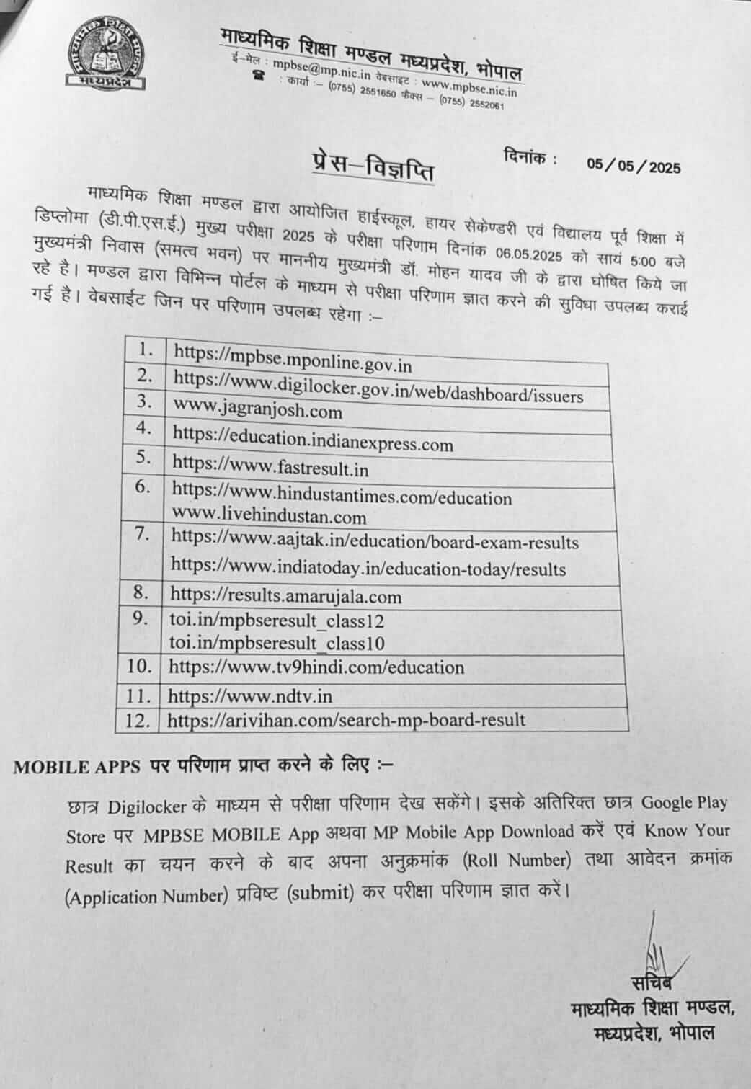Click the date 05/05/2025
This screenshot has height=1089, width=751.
coord(634,166)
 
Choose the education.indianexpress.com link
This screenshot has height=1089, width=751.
coord(313,439)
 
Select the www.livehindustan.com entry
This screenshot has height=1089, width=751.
coord(268,517)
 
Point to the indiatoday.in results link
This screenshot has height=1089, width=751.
coord(368,568)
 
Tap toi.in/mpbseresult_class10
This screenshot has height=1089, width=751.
coord(277,642)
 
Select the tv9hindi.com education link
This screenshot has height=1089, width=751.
coord(316,667)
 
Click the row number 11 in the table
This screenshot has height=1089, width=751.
coord(138,696)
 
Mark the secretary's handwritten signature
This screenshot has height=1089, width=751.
coord(659,951)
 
